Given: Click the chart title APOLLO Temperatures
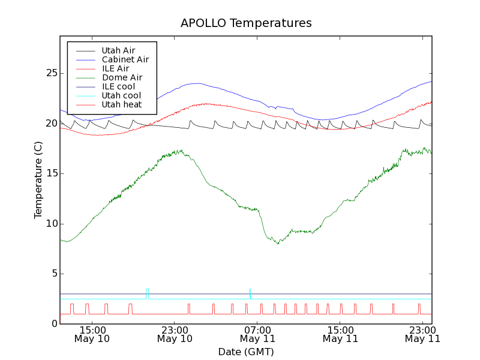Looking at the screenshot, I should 246,23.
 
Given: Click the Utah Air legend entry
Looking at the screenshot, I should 118,50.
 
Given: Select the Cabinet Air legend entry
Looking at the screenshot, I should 125,59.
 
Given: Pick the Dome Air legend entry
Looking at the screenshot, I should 122,77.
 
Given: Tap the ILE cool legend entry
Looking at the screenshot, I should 118,86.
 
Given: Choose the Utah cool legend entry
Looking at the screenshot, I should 121,95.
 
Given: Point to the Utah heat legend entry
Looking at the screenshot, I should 121,104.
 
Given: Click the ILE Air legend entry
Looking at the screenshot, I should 115,68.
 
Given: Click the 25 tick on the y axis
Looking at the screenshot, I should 52,73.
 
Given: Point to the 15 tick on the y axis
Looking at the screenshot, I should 52,173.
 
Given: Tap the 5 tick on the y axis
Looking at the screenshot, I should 54,274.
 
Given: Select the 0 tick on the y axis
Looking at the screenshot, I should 54,324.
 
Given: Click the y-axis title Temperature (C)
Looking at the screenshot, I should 38,180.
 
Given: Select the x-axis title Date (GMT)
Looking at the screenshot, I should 246,352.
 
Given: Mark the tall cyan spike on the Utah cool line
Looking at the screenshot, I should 250,292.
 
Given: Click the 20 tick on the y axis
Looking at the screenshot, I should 52,124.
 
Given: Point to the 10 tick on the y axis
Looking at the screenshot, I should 52,224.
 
